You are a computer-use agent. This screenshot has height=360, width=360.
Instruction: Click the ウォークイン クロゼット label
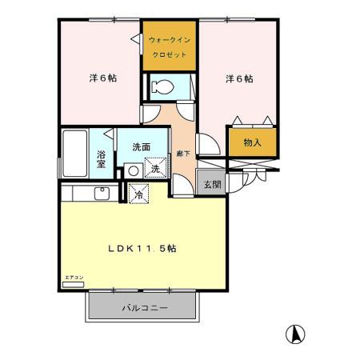(170, 47)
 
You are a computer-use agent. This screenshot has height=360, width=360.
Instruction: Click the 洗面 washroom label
(142, 147)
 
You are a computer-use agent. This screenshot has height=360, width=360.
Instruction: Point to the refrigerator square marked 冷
(138, 192)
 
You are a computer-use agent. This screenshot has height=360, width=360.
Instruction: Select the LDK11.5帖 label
(142, 248)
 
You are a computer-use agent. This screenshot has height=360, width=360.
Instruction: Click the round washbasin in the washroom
(132, 170)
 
